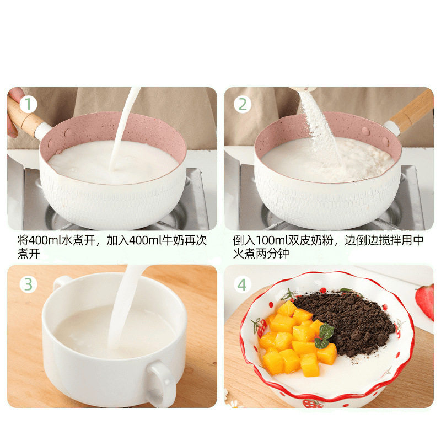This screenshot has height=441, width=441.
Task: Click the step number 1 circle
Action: (29, 105)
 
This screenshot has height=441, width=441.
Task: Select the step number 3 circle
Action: (29, 284)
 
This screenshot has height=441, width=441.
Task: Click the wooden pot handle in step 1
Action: (25, 119)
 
